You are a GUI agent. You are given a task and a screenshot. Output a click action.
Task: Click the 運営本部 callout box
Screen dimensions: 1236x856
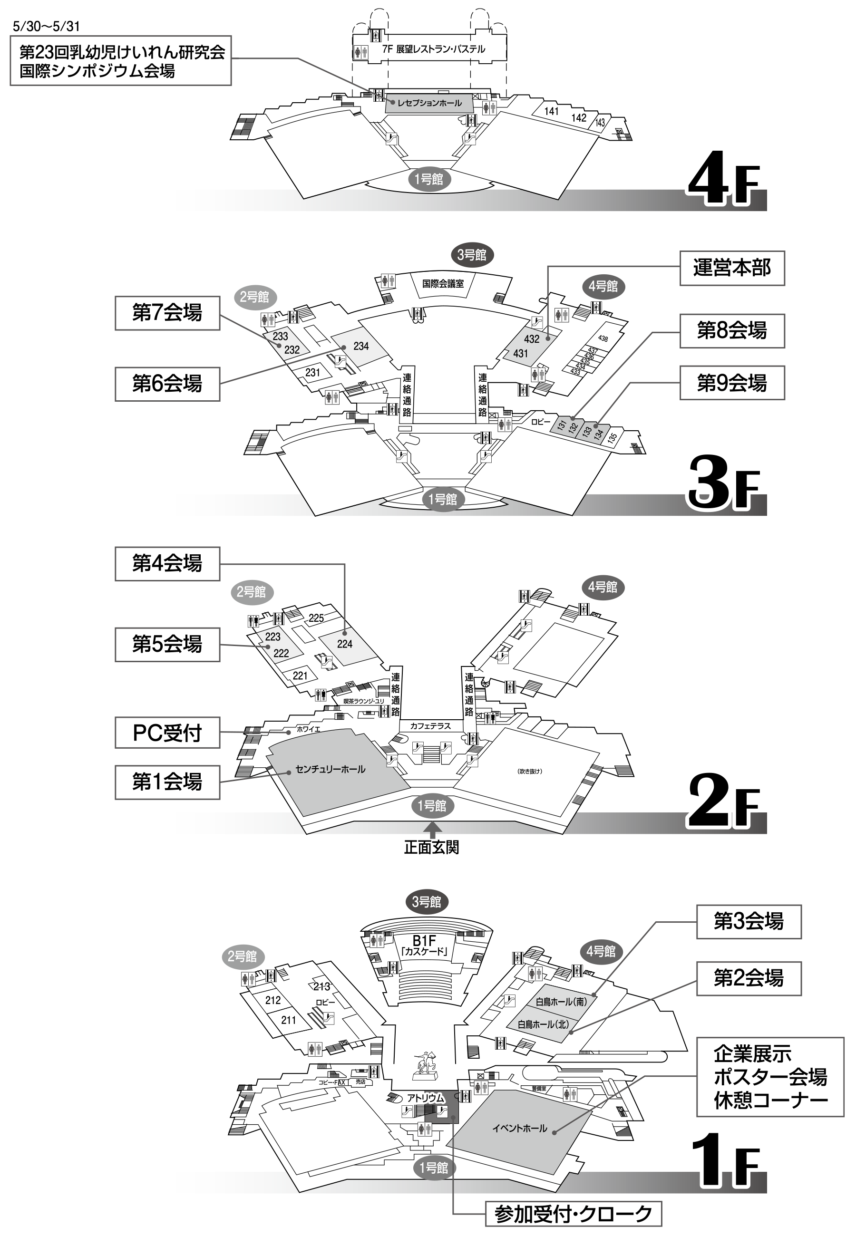pos(731,268)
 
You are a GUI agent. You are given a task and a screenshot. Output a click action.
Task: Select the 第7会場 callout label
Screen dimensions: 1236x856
pos(167,313)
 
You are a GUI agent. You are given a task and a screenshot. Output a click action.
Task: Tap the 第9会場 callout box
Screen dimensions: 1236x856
pos(731,383)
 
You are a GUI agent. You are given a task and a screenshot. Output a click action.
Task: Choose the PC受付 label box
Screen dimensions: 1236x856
pos(167,733)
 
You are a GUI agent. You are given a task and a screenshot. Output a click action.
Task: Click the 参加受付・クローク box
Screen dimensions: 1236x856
pos(574,1214)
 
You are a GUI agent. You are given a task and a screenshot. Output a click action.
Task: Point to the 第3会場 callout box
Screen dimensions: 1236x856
pos(748,922)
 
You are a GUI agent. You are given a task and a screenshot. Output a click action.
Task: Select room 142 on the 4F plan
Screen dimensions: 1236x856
pos(579,118)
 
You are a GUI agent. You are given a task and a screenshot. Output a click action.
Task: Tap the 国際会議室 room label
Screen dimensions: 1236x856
pos(443,283)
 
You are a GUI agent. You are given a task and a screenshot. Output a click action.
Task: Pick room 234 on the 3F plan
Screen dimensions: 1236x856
pos(361,346)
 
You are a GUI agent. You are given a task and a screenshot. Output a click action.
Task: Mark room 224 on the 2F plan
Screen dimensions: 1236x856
pos(345,644)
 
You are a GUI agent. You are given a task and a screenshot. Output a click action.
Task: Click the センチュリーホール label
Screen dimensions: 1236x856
pos(331,769)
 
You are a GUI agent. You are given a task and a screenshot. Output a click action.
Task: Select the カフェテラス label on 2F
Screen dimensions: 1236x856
pos(430,726)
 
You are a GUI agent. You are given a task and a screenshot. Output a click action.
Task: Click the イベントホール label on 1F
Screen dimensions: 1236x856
pos(520,1128)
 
